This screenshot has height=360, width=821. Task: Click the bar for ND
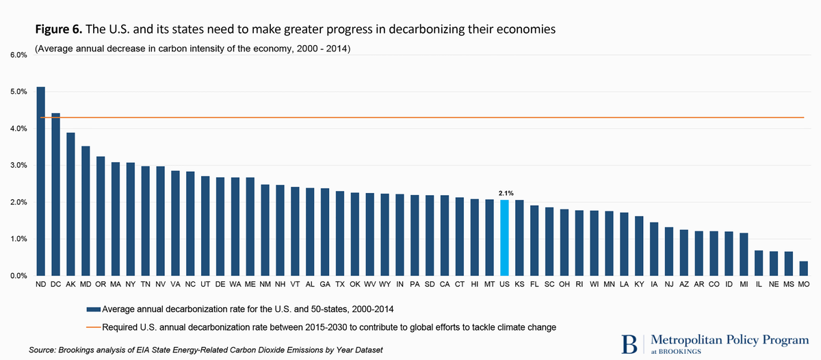pyautogui.click(x=40, y=181)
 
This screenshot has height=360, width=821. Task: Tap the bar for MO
pyautogui.click(x=803, y=268)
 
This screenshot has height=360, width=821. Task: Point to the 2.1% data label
pyautogui.click(x=504, y=194)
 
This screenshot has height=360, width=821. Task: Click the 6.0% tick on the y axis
pyautogui.click(x=18, y=55)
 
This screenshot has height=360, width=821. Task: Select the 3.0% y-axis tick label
pyautogui.click(x=18, y=166)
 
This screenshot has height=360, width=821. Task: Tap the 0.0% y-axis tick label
pyautogui.click(x=18, y=277)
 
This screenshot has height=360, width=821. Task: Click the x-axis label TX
pyautogui.click(x=339, y=283)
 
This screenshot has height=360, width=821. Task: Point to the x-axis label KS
pyautogui.click(x=519, y=283)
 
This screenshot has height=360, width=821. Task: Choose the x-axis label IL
pyautogui.click(x=758, y=283)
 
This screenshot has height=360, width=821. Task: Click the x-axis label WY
pyautogui.click(x=385, y=283)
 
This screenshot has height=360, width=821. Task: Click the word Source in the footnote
pyautogui.click(x=42, y=350)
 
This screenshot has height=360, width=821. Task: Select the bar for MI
pyautogui.click(x=743, y=254)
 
